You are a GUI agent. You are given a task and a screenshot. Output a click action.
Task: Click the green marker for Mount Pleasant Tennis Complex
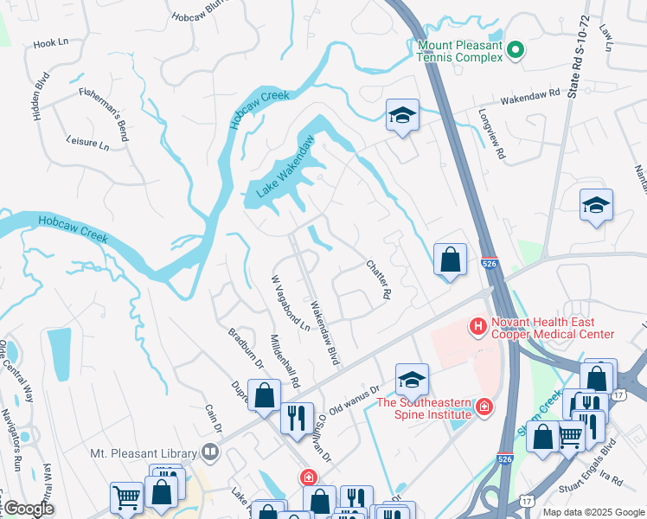(516, 51)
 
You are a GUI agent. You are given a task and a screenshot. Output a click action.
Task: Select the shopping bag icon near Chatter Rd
(450, 259)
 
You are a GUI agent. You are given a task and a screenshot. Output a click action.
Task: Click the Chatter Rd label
(378, 280)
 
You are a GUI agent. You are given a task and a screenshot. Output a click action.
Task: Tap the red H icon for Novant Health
(476, 326)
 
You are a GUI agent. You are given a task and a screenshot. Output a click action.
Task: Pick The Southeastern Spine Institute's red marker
(484, 406)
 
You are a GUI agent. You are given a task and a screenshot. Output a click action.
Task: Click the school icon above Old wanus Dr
(412, 377)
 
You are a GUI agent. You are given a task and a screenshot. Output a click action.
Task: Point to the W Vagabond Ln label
(290, 304)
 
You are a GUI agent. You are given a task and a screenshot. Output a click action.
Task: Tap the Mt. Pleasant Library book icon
(209, 452)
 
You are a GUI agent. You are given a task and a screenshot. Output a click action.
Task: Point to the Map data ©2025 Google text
(593, 512)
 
